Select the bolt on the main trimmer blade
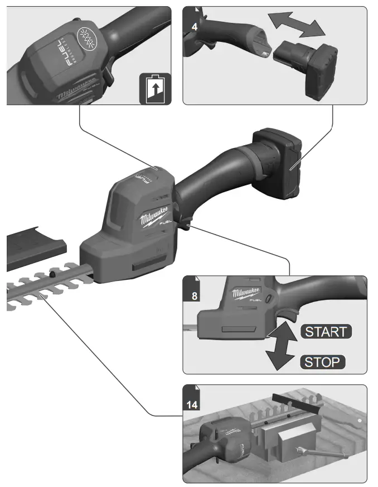coord(52,274)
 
